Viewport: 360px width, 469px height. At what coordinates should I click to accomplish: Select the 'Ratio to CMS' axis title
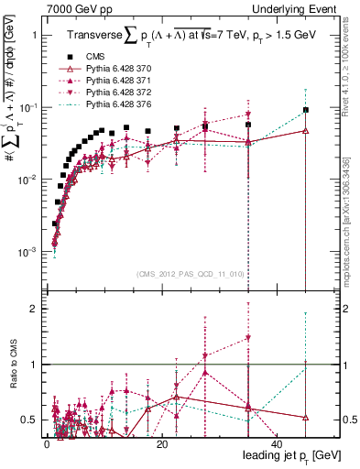click(x=13, y=365)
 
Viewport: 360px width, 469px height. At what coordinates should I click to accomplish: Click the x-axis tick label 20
click(x=161, y=443)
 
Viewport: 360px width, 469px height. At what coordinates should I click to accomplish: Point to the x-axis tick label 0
click(x=47, y=443)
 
